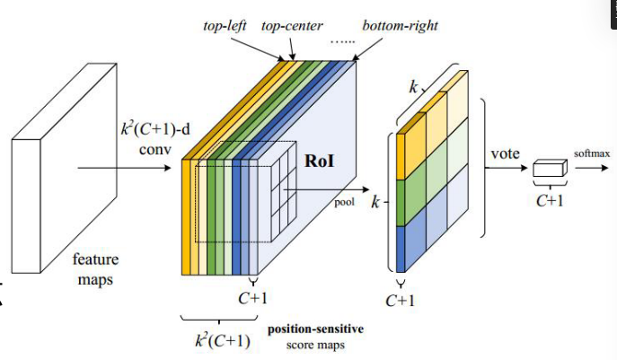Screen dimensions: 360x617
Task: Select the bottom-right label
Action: (x=400, y=25)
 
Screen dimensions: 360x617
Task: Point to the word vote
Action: (x=506, y=154)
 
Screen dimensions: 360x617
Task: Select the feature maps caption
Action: (x=95, y=268)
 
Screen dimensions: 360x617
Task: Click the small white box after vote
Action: (x=549, y=171)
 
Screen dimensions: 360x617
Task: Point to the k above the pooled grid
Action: (x=414, y=88)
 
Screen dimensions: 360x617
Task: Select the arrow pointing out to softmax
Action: (x=589, y=169)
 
